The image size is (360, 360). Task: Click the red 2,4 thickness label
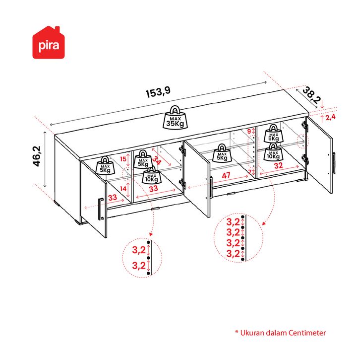pos(331,117)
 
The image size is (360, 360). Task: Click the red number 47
pos(226,175)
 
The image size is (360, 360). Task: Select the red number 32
pos(278,165)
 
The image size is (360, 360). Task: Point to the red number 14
pos(123,189)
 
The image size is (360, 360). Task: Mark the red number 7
pos(249,172)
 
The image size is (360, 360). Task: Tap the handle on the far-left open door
pos(101,209)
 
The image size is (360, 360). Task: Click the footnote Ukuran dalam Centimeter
pos(281,333)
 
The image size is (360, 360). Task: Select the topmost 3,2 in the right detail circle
pos(233,221)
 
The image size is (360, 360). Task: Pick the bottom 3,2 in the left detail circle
pos(139,266)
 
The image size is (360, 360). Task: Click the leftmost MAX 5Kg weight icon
pos(105,165)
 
